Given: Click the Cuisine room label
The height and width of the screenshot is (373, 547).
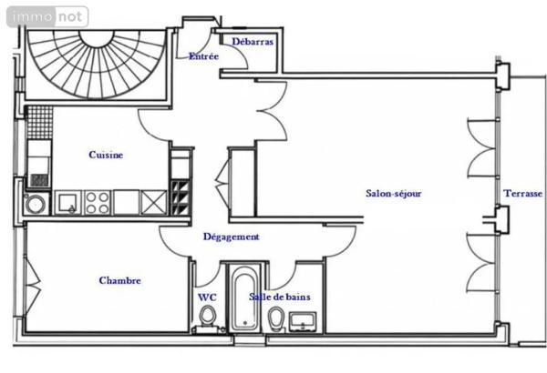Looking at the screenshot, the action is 106,155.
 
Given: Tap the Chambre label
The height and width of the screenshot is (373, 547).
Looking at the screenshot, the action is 120,280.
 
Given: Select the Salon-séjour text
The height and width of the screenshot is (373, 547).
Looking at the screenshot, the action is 394,193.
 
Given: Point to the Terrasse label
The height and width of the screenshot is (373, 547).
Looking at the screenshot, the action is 522,193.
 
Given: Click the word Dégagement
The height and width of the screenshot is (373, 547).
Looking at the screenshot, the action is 232,237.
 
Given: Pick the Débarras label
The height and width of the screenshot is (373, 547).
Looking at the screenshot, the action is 253,42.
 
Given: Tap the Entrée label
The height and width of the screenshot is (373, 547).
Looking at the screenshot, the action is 203,56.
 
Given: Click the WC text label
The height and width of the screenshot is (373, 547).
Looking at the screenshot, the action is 207,297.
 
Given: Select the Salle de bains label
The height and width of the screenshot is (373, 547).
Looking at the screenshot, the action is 280,297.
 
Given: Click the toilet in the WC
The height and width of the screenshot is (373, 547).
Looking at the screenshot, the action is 208,317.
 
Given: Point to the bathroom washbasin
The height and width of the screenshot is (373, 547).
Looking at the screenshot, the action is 303,321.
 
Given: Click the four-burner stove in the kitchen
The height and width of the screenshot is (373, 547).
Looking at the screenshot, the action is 98,203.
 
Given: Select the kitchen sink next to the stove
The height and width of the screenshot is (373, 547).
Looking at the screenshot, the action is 68,203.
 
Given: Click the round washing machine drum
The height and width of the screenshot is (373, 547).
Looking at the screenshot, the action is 36,204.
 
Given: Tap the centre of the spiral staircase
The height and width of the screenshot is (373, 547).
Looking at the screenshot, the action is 97,39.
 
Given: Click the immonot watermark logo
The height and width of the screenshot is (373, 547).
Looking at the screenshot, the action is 47,16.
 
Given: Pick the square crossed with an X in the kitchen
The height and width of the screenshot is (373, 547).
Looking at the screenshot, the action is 153,203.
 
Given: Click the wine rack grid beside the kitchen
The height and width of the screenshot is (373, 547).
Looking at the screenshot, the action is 181,197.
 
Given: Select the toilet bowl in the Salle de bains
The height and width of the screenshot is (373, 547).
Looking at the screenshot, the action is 276,318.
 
